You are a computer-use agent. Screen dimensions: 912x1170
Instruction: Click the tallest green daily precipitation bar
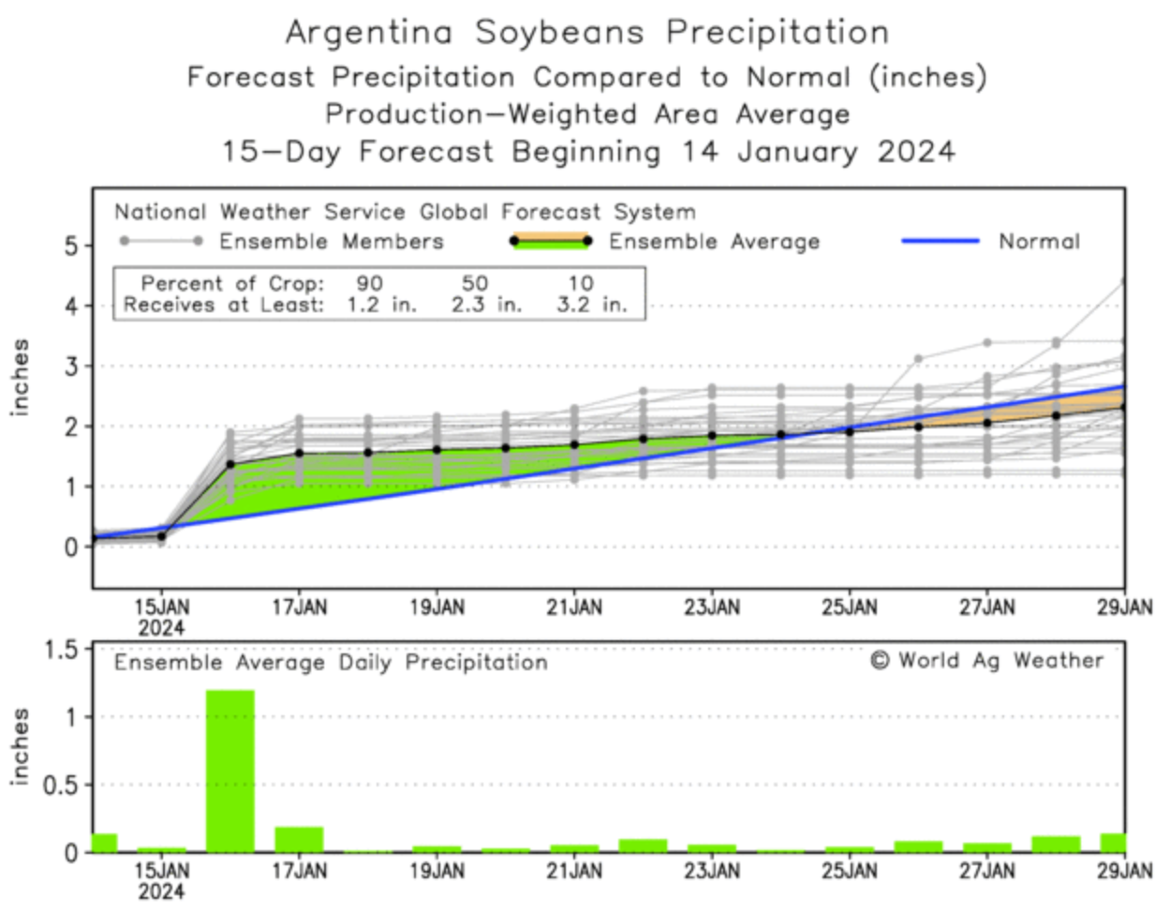pos(230,770)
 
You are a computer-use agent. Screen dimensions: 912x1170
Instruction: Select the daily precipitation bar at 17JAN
pos(299,839)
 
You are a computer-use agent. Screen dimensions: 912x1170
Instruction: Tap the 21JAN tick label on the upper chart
pos(574,607)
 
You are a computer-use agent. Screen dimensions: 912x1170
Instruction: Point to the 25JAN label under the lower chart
pos(850,872)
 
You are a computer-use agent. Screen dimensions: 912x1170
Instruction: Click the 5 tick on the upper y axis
pos(72,246)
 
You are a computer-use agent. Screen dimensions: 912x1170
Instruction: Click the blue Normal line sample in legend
pos(940,242)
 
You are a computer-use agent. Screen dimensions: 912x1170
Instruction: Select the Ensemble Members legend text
pos(331,242)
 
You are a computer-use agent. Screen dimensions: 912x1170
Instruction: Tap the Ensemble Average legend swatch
pos(550,241)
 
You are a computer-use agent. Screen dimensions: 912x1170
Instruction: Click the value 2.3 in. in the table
pos(486,305)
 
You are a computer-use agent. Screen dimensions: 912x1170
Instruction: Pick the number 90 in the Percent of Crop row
pos(369,283)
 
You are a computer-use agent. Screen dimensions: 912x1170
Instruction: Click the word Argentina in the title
pos(369,33)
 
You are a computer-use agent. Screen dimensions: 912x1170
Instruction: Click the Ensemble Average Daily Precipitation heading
pos(331,663)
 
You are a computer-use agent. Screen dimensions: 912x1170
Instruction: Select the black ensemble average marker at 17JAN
pos(299,453)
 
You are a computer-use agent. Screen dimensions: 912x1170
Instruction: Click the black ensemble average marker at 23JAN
pos(712,436)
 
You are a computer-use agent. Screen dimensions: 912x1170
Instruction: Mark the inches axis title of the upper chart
pos(21,377)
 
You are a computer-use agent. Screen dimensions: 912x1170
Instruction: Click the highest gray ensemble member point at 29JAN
pos(1123,281)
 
